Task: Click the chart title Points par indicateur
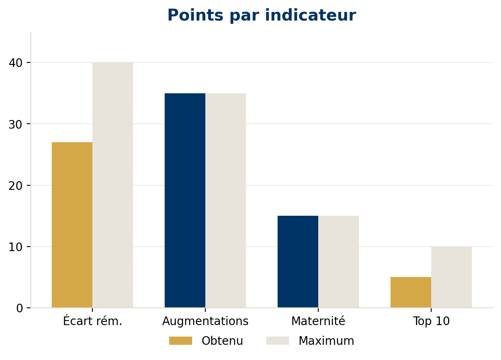262,16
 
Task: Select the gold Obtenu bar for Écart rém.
72,225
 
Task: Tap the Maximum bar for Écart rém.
113,185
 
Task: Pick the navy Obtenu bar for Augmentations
185,200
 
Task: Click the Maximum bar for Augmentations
225,200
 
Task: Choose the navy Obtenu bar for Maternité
298,261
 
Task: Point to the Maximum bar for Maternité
338,261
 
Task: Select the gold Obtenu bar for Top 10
411,292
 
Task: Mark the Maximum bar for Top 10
451,277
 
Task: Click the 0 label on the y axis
20,308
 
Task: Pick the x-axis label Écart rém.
92,321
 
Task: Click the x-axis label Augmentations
205,321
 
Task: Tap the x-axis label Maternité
318,321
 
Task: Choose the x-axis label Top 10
431,321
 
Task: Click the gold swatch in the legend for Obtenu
180,341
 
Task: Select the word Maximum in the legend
326,341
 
